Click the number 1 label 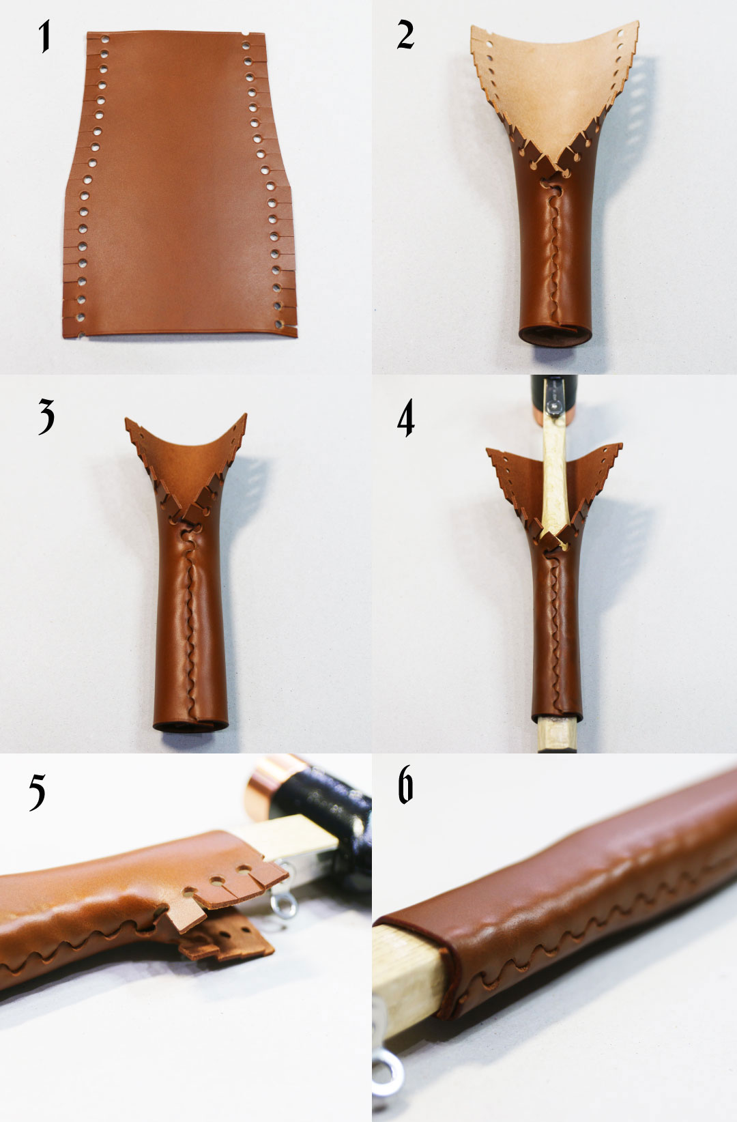(x=45, y=35)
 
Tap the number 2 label (x=405, y=35)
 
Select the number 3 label (x=46, y=416)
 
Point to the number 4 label (x=405, y=418)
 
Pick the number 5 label (x=37, y=792)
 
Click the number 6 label (x=405, y=784)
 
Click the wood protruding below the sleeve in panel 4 (x=557, y=736)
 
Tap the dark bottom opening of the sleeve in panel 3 (x=190, y=727)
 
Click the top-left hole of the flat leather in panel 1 (x=104, y=39)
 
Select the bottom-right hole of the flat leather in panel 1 (x=279, y=325)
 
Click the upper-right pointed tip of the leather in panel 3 (x=246, y=414)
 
